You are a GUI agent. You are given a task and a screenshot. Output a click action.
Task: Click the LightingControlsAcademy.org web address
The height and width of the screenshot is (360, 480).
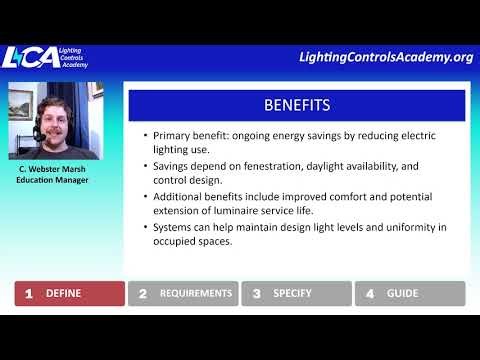(385, 57)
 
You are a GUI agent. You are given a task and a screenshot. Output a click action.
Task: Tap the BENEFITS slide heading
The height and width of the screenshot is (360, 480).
(296, 105)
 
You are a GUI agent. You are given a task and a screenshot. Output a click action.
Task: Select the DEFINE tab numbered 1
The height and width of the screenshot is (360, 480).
(69, 294)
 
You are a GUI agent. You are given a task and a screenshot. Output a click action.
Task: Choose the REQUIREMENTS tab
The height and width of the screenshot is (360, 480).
(184, 294)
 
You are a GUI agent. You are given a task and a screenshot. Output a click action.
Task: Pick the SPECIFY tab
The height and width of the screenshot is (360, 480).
(296, 294)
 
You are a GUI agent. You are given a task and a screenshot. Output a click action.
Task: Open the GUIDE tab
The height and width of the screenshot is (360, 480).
(410, 294)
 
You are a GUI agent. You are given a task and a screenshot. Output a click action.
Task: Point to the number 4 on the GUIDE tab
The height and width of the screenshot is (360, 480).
(370, 294)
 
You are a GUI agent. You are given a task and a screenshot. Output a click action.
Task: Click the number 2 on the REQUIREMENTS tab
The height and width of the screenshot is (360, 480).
(143, 294)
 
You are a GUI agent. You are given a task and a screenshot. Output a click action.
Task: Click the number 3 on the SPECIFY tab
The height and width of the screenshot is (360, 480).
(257, 294)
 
